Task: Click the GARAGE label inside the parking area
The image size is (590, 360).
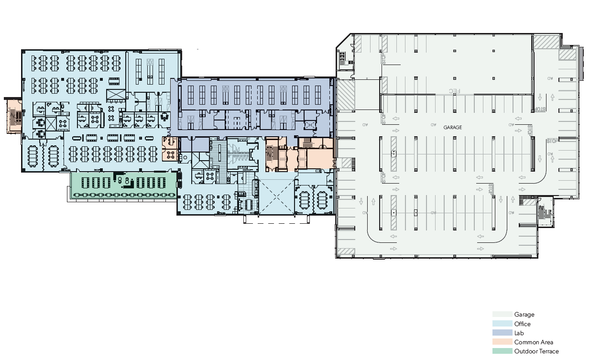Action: pyautogui.click(x=452, y=128)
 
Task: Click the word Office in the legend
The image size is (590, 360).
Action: pyautogui.click(x=522, y=324)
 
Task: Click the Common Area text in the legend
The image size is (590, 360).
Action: pyautogui.click(x=534, y=342)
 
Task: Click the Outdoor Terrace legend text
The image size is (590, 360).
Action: pyautogui.click(x=536, y=351)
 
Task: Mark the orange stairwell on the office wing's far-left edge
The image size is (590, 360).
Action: pyautogui.click(x=13, y=116)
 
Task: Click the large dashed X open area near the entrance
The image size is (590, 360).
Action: pyautogui.click(x=274, y=197)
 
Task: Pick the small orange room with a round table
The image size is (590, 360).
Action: pyautogui.click(x=170, y=149)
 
